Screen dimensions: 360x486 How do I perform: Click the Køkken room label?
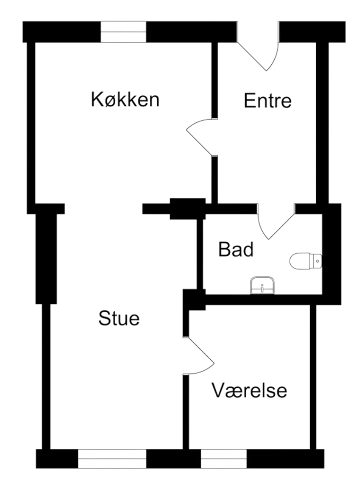[125, 100]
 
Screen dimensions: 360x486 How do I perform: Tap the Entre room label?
[268, 101]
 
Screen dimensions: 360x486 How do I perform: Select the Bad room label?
[236, 249]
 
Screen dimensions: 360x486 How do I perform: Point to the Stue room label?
[119, 318]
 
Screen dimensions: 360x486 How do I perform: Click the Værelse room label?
[249, 390]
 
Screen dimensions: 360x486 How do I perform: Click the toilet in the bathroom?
[306, 261]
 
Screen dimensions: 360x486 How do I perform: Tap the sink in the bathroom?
[262, 285]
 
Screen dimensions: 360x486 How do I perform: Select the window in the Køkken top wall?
[123, 32]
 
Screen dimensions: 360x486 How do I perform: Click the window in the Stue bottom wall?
[112, 458]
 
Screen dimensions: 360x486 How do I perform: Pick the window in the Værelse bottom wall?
[224, 458]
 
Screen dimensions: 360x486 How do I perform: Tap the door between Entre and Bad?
[276, 221]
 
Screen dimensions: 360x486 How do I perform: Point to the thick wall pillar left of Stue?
[46, 254]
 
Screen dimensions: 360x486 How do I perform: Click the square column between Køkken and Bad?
[188, 209]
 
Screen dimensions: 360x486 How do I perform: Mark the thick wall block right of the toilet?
[332, 254]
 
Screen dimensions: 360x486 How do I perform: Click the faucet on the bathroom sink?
[262, 288]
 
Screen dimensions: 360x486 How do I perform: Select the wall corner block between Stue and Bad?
[194, 299]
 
